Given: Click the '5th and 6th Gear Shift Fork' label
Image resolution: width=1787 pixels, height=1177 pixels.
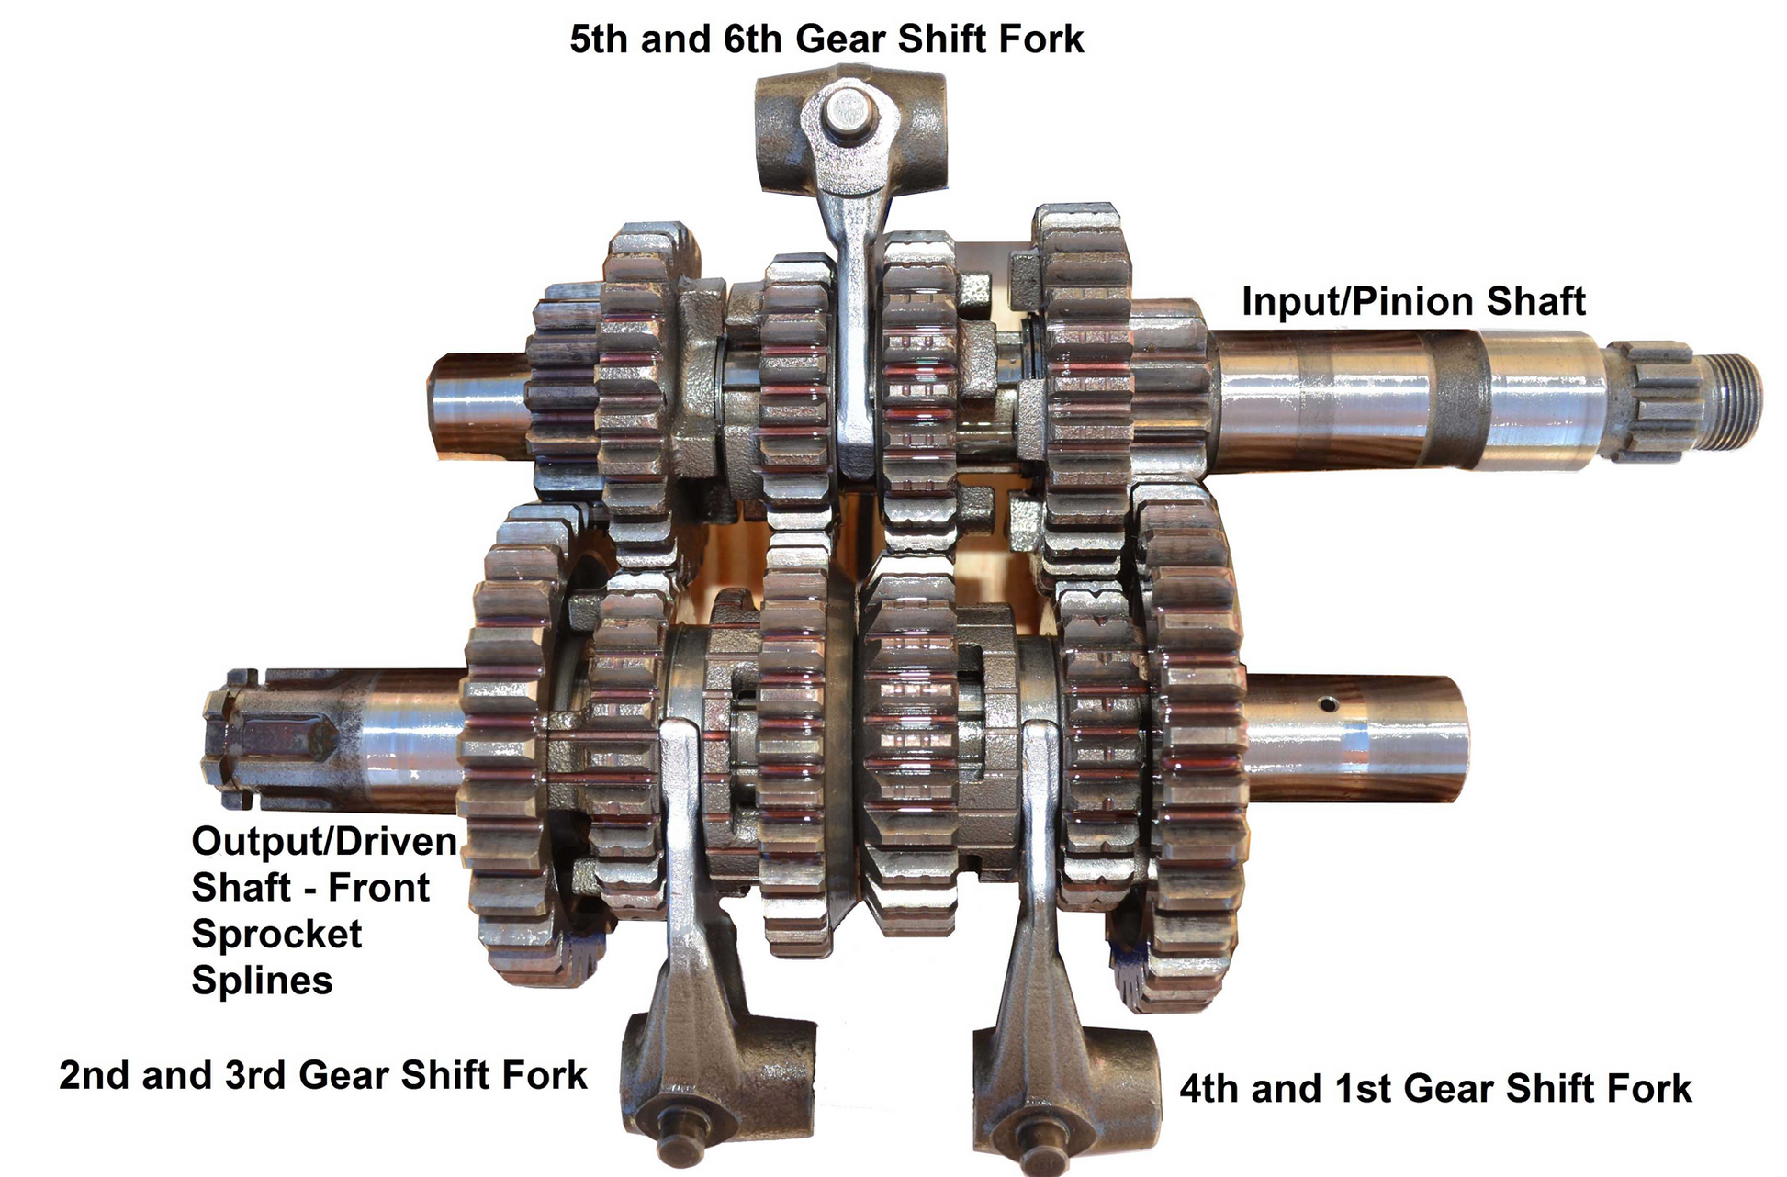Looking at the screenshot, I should click(826, 40).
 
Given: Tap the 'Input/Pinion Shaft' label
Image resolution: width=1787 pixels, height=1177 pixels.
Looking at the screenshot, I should click(1413, 302).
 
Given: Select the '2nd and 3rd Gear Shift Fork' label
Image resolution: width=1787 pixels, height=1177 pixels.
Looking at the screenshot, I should click(323, 1075).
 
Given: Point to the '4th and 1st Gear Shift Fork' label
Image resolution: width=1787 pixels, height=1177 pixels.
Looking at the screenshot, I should click(1435, 1089).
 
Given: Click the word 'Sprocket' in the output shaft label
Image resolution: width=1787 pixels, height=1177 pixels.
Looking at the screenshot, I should click(276, 935).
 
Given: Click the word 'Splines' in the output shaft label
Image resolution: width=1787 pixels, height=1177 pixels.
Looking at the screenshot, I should click(262, 981).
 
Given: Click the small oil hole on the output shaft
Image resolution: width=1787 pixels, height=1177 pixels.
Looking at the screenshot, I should click(1326, 704).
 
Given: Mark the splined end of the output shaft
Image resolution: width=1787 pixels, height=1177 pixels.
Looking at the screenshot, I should click(266, 739).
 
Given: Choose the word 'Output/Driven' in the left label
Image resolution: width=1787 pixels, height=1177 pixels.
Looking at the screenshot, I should click(323, 842).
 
